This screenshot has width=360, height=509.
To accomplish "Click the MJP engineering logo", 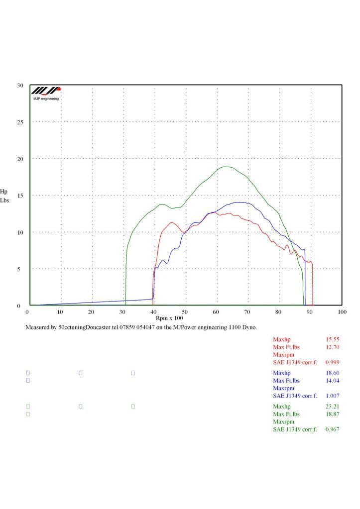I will (x=46, y=93).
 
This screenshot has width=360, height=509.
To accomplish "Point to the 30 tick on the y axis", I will (x=20, y=86).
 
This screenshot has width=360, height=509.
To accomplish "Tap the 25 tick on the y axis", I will (x=20, y=122).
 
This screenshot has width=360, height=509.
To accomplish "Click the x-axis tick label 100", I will (x=342, y=312).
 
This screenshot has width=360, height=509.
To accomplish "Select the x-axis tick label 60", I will (x=216, y=312).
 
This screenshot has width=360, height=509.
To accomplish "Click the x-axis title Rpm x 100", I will (x=170, y=317).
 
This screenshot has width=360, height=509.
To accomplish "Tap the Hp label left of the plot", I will (x=4, y=191).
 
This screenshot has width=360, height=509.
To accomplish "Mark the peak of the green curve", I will (x=227, y=167).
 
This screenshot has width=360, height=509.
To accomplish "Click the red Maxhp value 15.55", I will (x=332, y=339).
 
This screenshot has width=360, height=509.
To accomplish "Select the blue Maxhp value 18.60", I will (x=332, y=373).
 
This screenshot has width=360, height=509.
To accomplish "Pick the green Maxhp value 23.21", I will (x=332, y=407).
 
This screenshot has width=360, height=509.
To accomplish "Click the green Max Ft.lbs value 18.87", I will (x=332, y=414).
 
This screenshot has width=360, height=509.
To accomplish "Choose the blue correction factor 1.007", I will (x=332, y=396).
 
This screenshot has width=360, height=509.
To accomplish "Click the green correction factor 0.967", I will (x=332, y=429).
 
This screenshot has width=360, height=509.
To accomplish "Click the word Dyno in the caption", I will (x=249, y=328).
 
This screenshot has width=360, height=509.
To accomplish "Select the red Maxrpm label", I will (x=284, y=354).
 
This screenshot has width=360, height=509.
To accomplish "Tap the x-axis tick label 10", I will (x=60, y=312).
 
